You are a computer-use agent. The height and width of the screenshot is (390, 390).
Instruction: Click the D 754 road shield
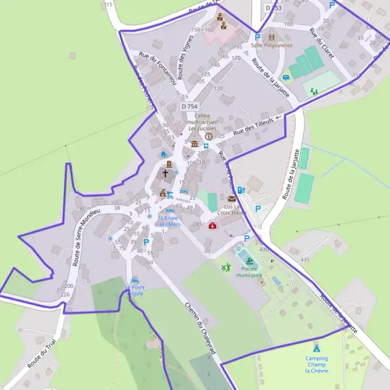190,106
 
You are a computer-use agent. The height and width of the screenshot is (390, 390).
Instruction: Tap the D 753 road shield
274,7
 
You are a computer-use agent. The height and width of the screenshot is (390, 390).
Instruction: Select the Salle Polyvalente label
272,45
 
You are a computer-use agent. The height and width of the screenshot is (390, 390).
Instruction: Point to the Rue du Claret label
322,43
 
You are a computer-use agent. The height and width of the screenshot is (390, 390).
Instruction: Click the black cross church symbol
165,174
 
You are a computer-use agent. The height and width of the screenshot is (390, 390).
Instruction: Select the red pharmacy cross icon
213,226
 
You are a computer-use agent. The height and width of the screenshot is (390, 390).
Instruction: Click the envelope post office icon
231,198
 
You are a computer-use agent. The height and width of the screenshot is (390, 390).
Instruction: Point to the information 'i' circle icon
209,136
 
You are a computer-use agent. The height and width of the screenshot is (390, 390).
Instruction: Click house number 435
305,260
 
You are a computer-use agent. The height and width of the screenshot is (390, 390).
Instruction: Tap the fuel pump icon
241,190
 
